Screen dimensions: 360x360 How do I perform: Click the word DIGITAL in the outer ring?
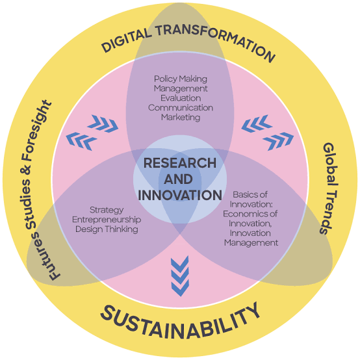(127, 40)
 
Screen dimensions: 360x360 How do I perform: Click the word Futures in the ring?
(45, 257)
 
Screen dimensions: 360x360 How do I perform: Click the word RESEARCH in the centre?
(180, 163)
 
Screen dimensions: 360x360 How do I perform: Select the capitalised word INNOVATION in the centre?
(180, 195)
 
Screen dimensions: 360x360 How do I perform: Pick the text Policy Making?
(181, 79)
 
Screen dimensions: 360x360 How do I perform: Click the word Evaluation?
(181, 98)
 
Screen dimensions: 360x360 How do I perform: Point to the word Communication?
(181, 108)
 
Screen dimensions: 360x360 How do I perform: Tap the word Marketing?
(181, 118)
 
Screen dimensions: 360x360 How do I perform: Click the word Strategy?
(107, 210)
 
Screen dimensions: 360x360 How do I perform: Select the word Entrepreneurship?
(107, 220)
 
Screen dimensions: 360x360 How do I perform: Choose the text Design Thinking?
(107, 229)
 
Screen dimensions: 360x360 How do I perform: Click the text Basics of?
(250, 195)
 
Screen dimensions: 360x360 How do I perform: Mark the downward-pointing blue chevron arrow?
(180, 276)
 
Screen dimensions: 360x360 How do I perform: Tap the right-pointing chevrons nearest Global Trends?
(278, 141)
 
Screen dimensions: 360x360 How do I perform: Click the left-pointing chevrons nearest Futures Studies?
(81, 141)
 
